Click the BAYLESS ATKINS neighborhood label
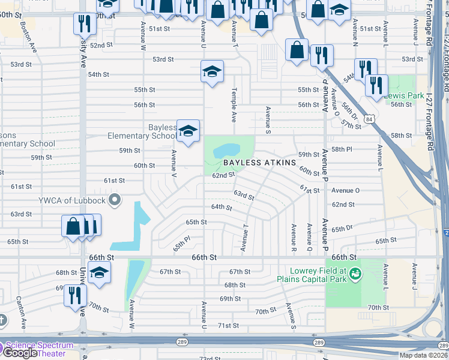click(x=260, y=163)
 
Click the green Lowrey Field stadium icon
click(x=356, y=274)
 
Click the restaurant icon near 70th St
click(x=75, y=295)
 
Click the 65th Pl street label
click(x=181, y=244)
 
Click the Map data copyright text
click(x=423, y=355)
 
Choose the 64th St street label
click(x=221, y=207)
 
